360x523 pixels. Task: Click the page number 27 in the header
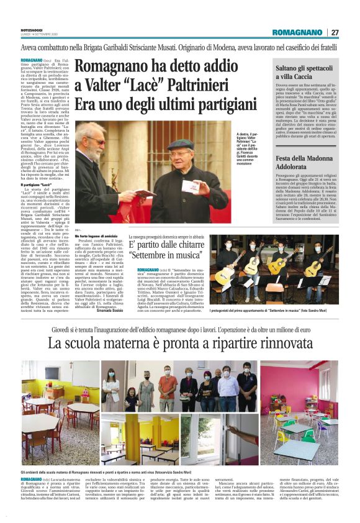[x=334, y=32]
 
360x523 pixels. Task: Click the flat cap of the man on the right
[x=182, y=144]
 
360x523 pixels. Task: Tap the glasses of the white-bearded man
[x=95, y=142]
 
